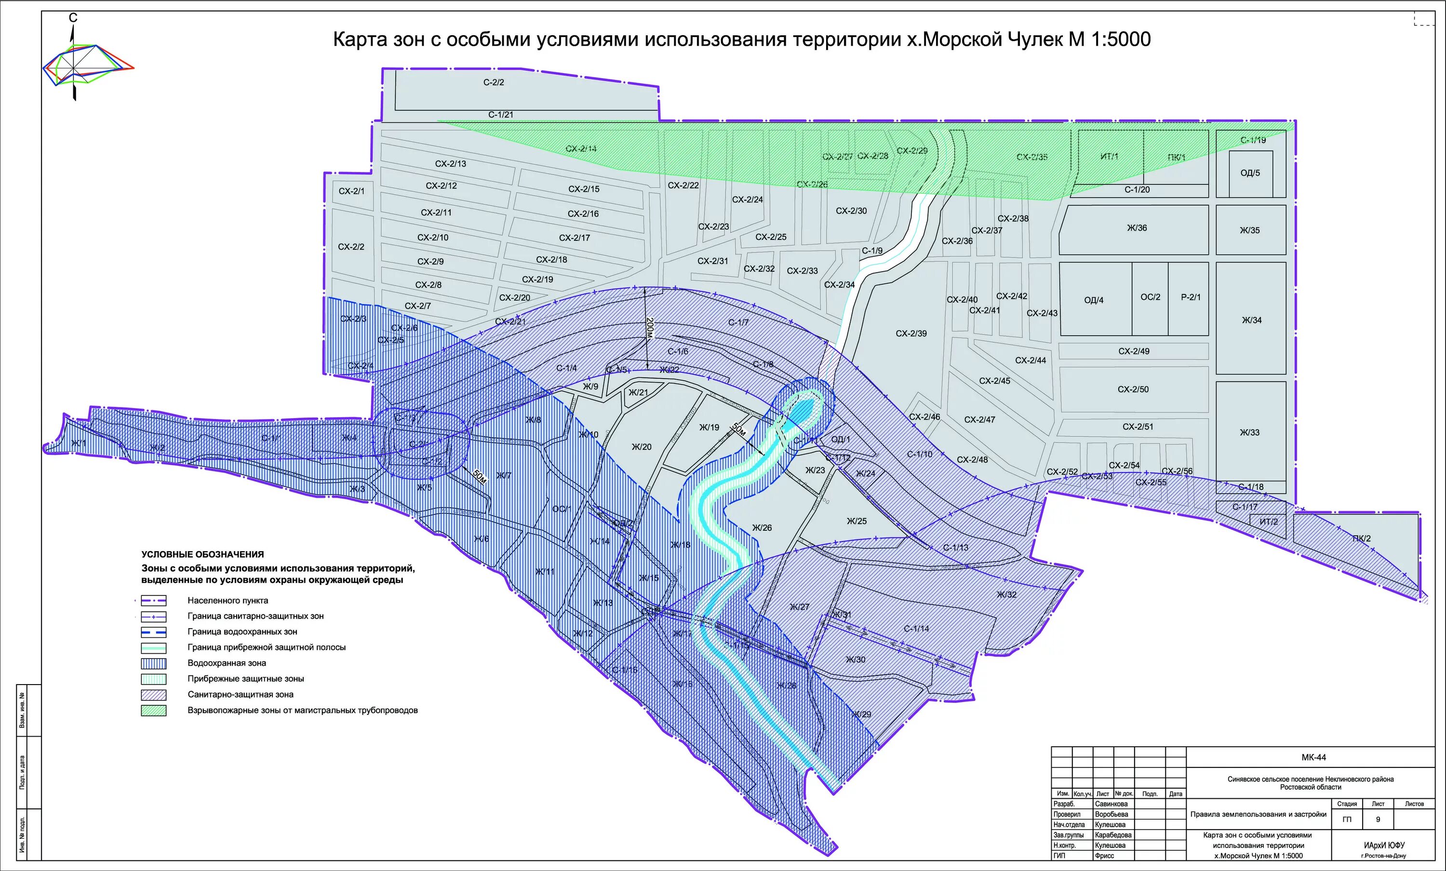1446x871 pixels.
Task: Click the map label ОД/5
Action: tap(1250, 173)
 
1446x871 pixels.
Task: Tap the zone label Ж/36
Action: tap(1137, 228)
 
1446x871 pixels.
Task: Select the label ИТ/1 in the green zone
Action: tap(1109, 157)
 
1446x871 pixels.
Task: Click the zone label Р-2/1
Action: tap(1191, 297)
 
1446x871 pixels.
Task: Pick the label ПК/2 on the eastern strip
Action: tap(1362, 539)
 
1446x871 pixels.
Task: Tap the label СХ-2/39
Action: tap(911, 334)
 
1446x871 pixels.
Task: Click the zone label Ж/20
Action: tap(642, 447)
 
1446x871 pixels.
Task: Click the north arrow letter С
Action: tap(73, 18)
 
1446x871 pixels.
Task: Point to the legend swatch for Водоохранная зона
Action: tap(154, 663)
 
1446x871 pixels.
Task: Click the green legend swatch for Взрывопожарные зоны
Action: tap(154, 710)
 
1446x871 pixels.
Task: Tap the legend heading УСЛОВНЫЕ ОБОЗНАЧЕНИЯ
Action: tap(202, 554)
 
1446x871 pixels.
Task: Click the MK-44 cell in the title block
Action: tap(1313, 757)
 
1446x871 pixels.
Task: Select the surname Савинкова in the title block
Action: tap(1111, 804)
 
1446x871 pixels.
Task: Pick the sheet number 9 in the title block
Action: tap(1378, 820)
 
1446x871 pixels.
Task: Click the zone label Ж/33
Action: tap(1249, 433)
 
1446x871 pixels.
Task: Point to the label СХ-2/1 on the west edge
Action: tap(351, 191)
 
